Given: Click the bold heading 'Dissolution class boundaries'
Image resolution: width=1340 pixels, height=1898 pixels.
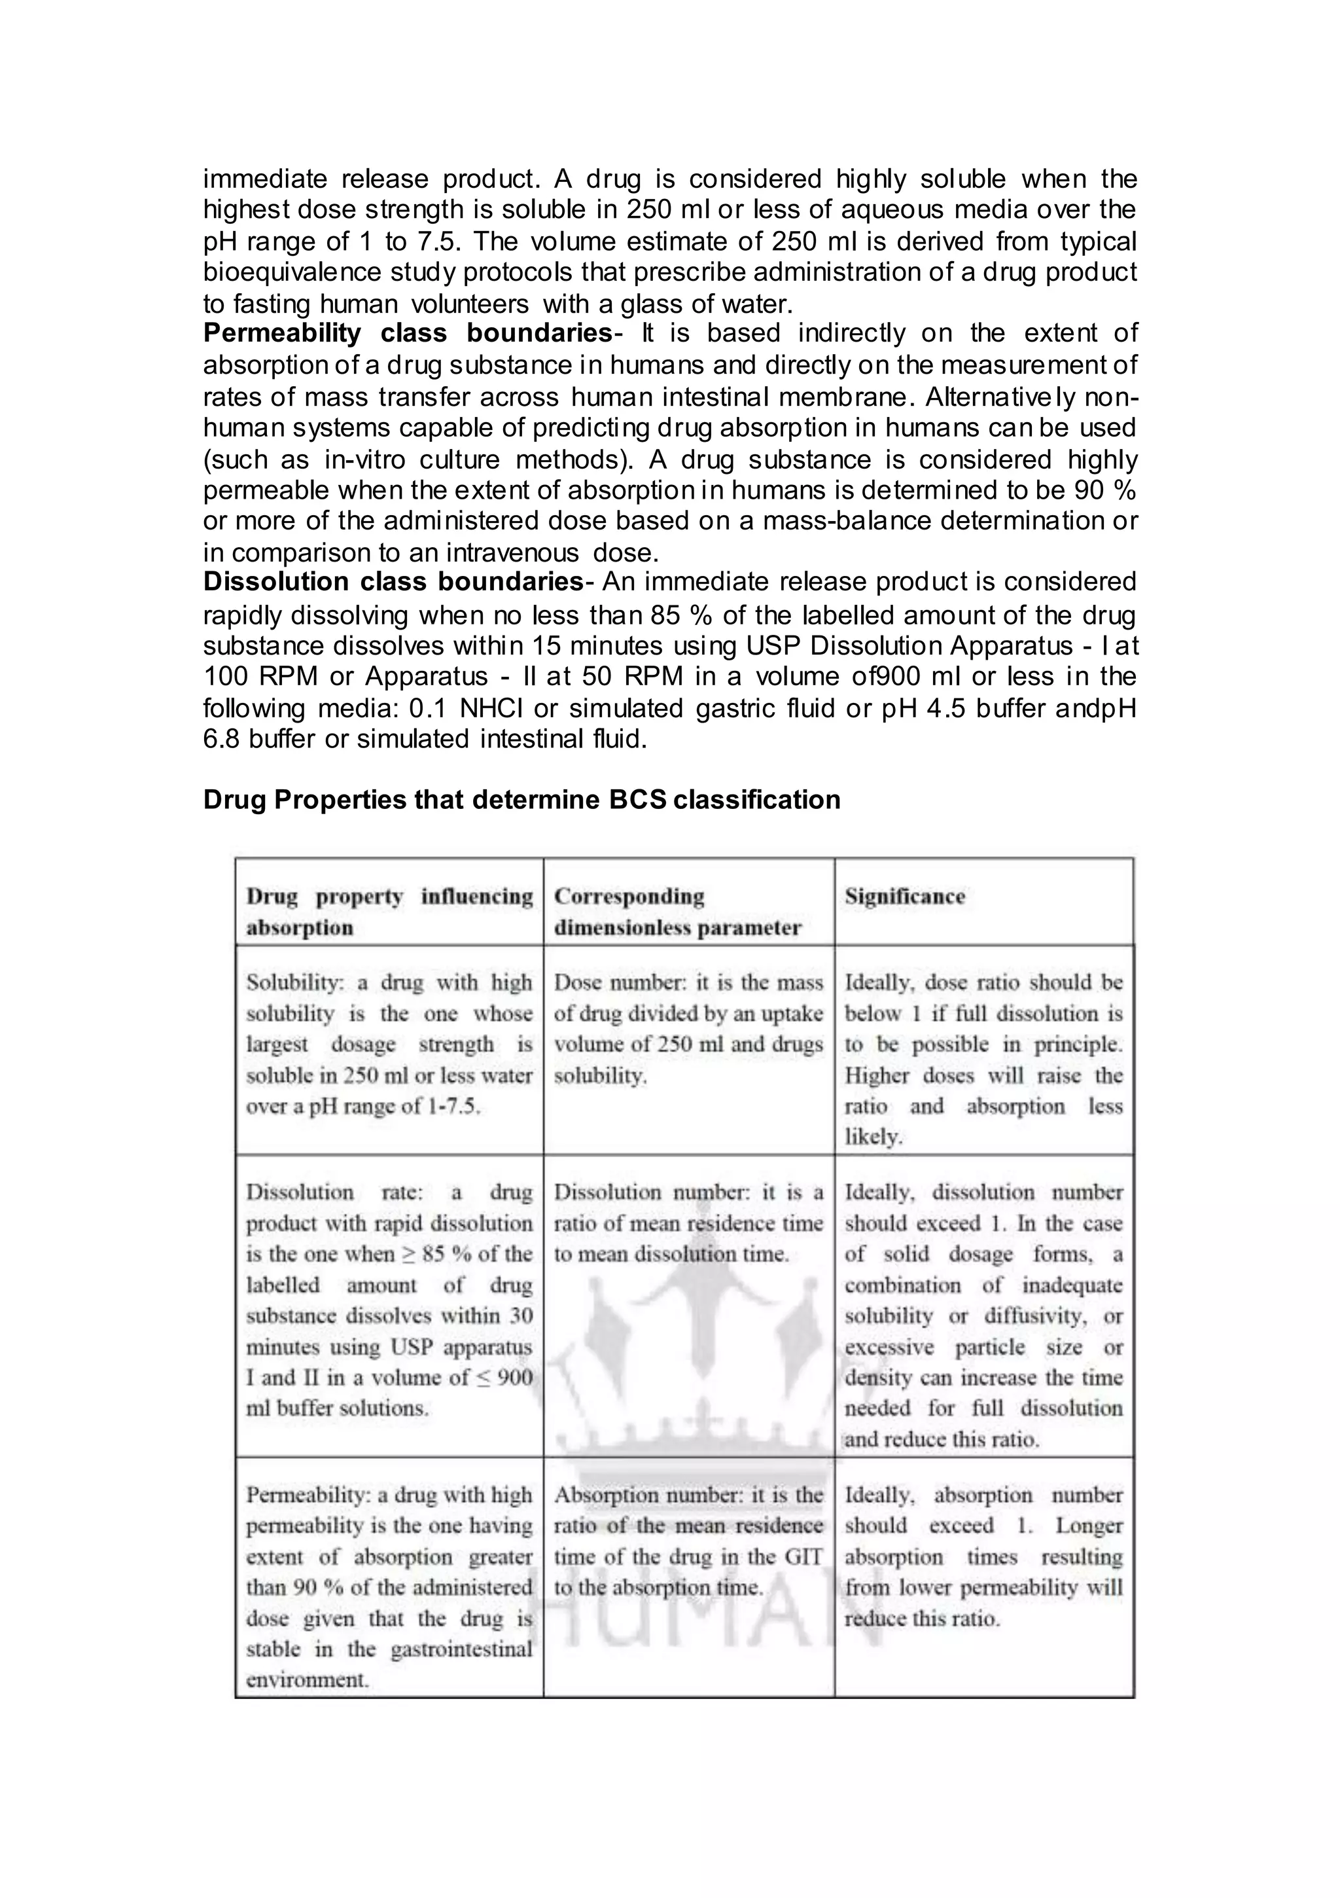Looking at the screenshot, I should point(393,582).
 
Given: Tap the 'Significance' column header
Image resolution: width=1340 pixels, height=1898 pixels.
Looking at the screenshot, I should point(904,897).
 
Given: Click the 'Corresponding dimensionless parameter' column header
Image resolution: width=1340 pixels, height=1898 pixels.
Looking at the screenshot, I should point(677,912).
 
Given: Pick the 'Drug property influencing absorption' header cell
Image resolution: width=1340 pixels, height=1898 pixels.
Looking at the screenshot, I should point(389,912).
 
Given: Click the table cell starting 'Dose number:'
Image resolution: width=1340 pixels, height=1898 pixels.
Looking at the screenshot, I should point(688,1030).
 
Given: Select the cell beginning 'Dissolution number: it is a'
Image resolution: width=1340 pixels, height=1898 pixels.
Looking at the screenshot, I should point(688,1223).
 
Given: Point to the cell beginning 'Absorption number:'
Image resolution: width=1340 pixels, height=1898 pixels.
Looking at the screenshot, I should point(688,1541).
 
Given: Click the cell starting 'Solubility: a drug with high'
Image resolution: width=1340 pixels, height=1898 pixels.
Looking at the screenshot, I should point(389,1045).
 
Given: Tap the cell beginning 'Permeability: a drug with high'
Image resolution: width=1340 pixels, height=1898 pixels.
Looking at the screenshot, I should point(389,1587).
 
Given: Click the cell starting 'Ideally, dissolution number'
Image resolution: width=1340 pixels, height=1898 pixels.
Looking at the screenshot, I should point(983,1316).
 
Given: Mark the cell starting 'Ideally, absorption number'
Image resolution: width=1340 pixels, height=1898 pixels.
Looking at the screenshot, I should point(983,1556).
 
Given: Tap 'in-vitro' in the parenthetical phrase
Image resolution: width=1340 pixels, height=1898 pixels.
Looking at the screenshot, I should point(362,459).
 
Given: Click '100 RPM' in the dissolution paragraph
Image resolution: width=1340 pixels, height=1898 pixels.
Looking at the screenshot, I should point(261,677).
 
